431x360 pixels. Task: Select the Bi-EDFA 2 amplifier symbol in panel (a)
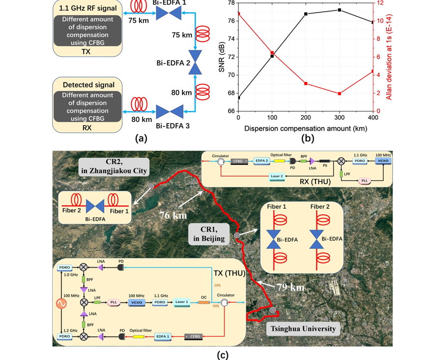(196, 63)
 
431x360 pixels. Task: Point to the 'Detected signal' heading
(88, 85)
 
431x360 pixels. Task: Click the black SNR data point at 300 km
(340, 10)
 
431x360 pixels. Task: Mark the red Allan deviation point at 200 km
(306, 83)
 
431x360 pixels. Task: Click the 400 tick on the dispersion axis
(373, 118)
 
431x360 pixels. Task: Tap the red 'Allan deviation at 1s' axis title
(388, 56)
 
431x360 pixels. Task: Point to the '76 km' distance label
(173, 215)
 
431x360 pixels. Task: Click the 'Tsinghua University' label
(301, 329)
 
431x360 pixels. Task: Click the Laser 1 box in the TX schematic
(181, 303)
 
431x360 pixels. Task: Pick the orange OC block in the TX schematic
(203, 303)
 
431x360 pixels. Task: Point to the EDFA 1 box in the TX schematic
(162, 336)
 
